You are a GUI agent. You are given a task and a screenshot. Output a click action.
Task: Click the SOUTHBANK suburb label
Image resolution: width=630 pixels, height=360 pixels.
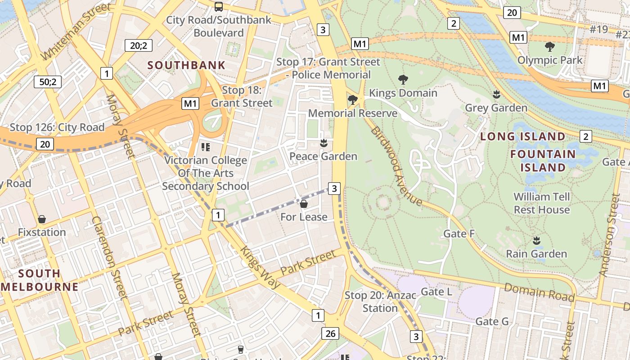pos(186,65)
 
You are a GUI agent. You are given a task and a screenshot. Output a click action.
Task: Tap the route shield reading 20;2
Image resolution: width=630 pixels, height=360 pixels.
pos(139,45)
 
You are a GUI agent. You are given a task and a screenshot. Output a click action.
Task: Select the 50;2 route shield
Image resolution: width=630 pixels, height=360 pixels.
pos(48,82)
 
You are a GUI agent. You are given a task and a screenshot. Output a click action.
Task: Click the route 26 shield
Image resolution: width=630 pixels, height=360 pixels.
pos(330,333)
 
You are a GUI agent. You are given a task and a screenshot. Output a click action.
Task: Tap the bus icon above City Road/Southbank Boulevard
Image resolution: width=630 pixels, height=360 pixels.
pos(219,6)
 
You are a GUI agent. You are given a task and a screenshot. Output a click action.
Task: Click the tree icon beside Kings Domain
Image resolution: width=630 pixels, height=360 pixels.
pos(403,80)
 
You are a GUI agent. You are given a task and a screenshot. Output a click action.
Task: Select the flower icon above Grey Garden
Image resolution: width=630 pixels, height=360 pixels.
pos(496,94)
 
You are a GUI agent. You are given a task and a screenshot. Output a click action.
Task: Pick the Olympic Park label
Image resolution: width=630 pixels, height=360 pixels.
pos(549,60)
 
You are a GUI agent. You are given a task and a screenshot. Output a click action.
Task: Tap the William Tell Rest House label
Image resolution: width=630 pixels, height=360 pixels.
pos(542,203)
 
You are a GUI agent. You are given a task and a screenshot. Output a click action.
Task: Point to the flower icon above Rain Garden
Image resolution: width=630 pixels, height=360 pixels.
pos(536,240)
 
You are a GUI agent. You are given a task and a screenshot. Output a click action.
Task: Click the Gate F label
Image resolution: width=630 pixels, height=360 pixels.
pos(459,234)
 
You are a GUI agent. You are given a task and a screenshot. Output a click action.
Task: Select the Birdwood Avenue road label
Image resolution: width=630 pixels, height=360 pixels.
pos(396,166)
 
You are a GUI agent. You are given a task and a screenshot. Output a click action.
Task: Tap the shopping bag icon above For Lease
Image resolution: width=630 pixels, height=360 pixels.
pos(304,204)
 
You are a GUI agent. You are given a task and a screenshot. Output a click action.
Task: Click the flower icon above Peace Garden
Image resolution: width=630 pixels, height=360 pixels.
pos(323,144)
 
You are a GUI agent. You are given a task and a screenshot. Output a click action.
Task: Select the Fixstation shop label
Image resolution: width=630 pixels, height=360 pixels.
pos(42,232)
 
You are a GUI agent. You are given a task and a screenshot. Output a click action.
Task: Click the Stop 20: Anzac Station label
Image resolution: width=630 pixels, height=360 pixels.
pos(371,301)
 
